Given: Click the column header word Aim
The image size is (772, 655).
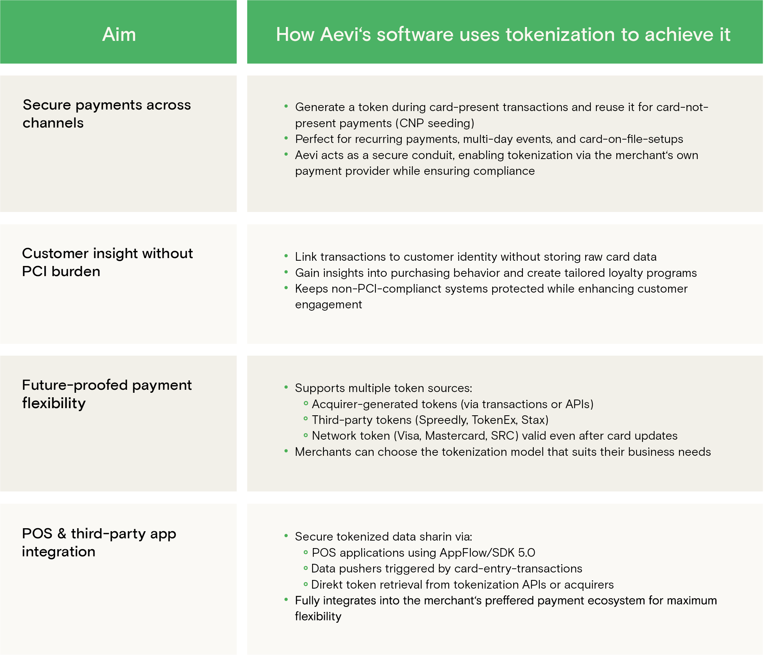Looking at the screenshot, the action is coord(119,35).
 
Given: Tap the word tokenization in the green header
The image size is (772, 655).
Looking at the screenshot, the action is coord(560,35).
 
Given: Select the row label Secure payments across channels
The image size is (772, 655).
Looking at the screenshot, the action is coord(107,114).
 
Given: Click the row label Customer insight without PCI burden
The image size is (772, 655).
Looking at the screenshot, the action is coord(108,262).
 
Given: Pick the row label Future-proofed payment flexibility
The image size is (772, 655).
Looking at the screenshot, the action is coord(107,394).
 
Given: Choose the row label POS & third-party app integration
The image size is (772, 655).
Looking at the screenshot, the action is coord(99,542).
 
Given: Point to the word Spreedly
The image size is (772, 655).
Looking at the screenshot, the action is coord(443,420).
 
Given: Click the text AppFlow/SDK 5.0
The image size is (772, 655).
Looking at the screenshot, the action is coord(487,553).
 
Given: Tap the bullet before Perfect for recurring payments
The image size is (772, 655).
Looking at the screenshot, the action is coord(286,138).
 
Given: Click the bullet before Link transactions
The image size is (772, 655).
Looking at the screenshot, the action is coord(286,256).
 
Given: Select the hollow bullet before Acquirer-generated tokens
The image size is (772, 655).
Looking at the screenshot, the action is coord(306,404).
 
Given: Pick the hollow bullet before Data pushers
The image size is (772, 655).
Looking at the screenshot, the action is coord(306,568).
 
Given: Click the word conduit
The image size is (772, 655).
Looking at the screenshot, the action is coord(431,155).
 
